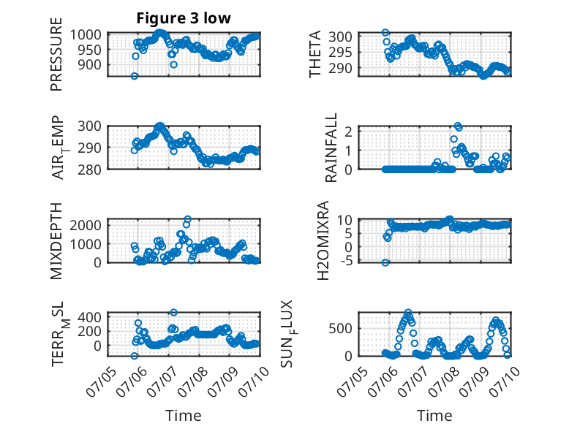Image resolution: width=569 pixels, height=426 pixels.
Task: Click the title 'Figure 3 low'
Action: coord(184,18)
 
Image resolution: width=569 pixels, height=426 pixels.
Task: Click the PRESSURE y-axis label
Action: coord(56,54)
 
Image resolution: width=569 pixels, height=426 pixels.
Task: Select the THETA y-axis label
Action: coord(315,54)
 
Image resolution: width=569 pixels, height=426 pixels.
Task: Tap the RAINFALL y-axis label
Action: coord(331,148)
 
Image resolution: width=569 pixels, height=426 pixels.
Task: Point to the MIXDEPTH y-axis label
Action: coord(56,240)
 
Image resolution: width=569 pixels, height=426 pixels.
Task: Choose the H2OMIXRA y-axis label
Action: coord(323,240)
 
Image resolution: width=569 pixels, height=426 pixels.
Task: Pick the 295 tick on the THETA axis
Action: coord(340,53)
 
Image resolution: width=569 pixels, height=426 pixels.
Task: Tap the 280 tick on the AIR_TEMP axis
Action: coord(89,170)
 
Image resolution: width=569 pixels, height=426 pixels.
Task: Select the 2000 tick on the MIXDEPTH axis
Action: coord(86,225)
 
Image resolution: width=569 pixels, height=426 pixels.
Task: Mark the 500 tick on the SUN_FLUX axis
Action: coord(340,329)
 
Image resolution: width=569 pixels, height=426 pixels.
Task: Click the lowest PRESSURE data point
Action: coord(135,76)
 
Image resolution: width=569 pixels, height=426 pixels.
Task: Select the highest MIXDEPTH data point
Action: coord(188,219)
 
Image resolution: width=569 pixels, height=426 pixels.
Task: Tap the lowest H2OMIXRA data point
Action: coord(385,262)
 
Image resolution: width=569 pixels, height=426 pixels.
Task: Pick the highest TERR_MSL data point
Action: coord(174,312)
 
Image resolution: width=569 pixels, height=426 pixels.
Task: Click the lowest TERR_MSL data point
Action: coord(135,356)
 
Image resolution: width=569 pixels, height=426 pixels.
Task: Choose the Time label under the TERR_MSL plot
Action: coord(184,416)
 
